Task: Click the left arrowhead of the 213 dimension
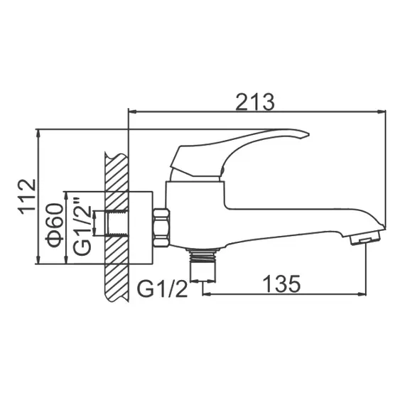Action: [131, 112]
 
